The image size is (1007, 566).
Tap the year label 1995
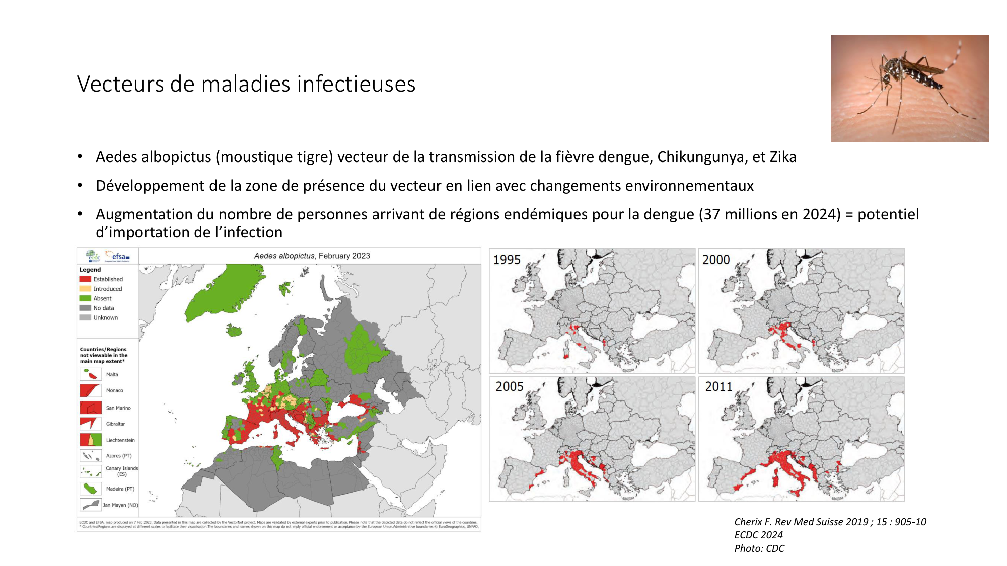coord(507,260)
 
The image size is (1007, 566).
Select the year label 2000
coord(715,260)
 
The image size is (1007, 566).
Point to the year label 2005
coord(509,387)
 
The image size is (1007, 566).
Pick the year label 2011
coord(718,387)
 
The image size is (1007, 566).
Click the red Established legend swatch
coord(85,279)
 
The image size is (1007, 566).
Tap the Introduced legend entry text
coord(108,289)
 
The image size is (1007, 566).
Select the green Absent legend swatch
coord(85,298)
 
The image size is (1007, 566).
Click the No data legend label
coord(104,308)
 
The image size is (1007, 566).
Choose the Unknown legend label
coord(106,318)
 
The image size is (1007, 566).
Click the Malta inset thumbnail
coord(91,374)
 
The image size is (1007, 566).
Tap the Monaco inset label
coord(114,391)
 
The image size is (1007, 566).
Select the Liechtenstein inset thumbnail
coord(91,440)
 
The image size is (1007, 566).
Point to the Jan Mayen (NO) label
coord(120,505)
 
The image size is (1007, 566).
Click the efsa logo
coord(118,257)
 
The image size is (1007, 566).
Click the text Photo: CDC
coord(759,549)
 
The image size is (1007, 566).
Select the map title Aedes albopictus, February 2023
coord(312,256)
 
